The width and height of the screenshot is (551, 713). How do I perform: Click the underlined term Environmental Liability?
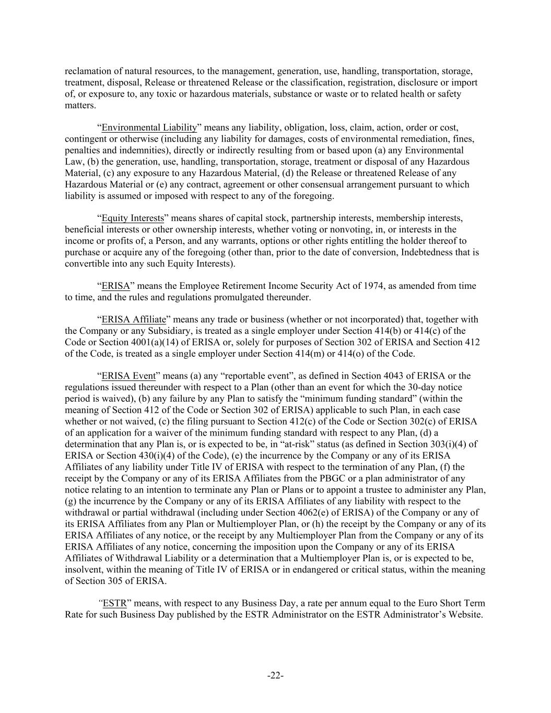click(149, 127)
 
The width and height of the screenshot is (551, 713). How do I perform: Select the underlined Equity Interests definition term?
click(133, 218)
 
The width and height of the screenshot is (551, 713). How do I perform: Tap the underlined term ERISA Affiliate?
click(134, 320)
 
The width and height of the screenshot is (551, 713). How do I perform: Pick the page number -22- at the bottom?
click(275, 676)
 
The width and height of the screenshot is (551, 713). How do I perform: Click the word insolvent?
click(84, 569)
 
